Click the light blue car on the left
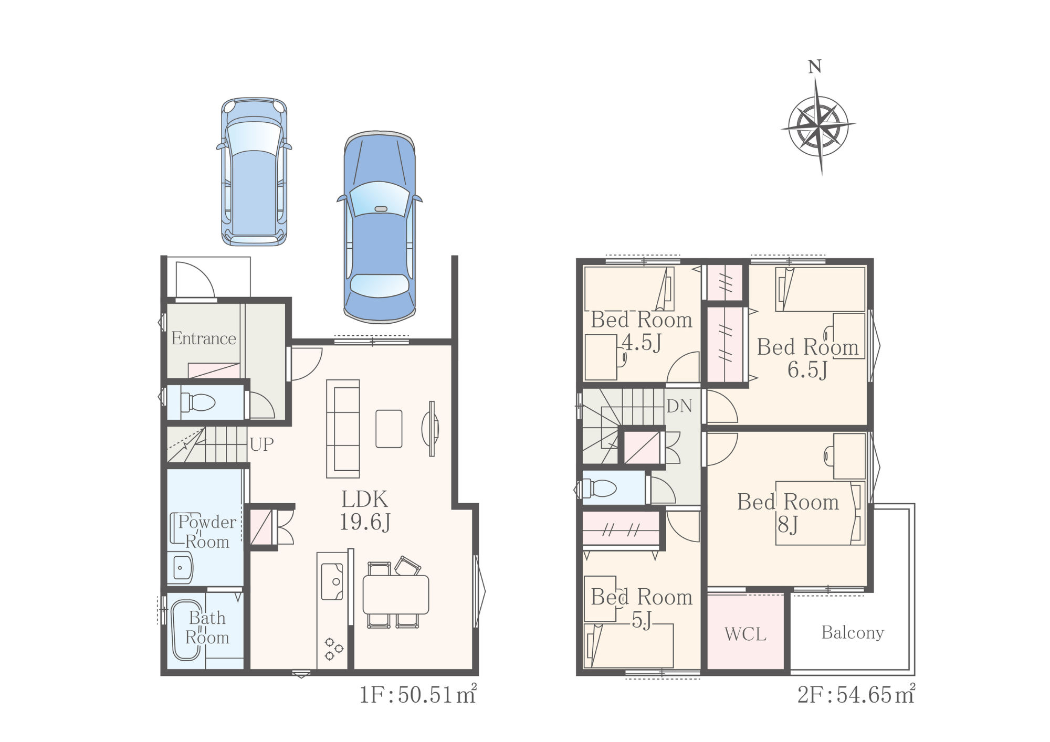coord(254,172)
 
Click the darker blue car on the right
coord(380,227)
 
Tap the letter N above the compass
coord(814,67)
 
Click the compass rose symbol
coord(818,126)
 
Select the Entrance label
coord(204,338)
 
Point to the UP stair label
coord(261,444)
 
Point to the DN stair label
coord(679,406)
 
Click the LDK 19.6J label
coord(365,511)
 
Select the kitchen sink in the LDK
coord(332,581)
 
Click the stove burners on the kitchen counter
coord(333,649)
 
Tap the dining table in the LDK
coord(396,595)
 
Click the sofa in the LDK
coord(343,429)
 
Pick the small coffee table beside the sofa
coord(389,429)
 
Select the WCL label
coord(745,634)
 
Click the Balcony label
coord(853,633)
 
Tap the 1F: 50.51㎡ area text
coord(418,694)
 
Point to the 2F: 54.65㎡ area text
coord(856,694)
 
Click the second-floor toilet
coord(598,488)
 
